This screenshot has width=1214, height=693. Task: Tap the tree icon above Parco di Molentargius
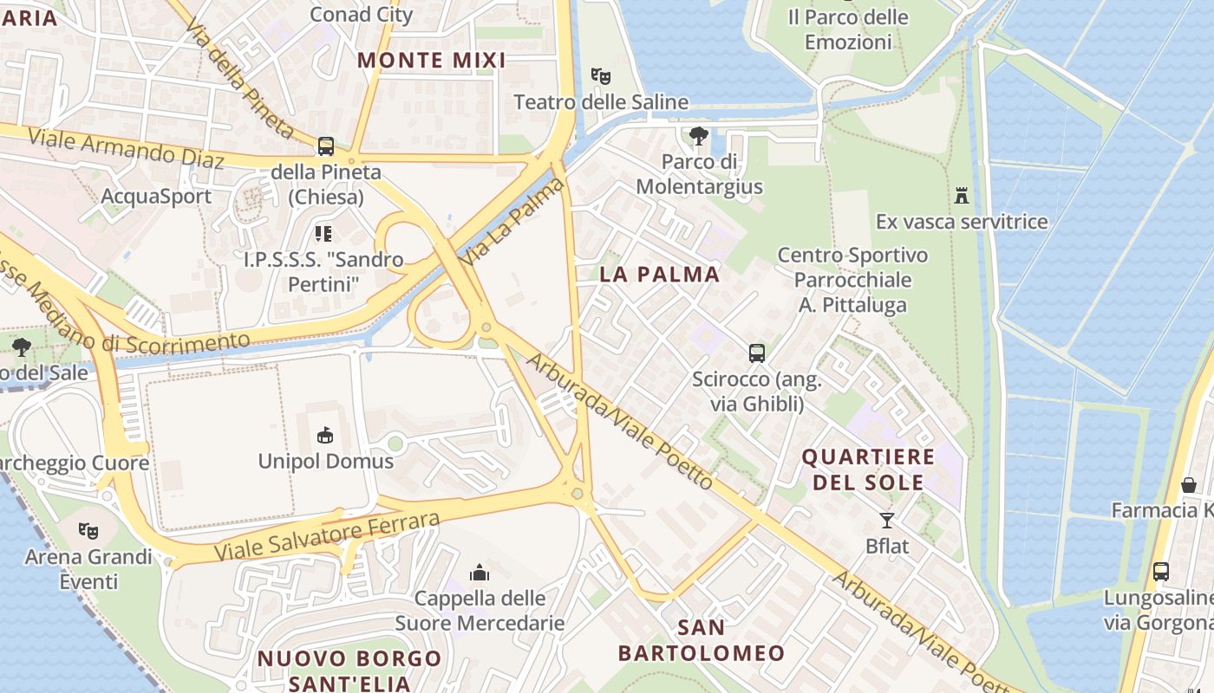pyautogui.click(x=698, y=136)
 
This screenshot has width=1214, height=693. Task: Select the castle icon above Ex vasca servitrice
pyautogui.click(x=961, y=195)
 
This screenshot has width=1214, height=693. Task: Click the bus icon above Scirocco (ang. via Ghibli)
pyautogui.click(x=757, y=353)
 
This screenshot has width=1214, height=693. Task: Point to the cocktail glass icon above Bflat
pyautogui.click(x=886, y=520)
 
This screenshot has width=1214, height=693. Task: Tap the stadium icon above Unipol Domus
pyautogui.click(x=325, y=435)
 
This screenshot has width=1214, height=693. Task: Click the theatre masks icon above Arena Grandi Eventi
pyautogui.click(x=87, y=530)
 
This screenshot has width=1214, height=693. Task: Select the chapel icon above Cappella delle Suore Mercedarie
pyautogui.click(x=479, y=572)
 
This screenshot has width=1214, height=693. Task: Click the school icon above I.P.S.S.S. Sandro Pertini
pyautogui.click(x=323, y=233)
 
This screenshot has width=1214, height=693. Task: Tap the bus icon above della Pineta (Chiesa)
pyautogui.click(x=326, y=146)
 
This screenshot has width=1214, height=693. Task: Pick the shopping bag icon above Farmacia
pyautogui.click(x=1188, y=484)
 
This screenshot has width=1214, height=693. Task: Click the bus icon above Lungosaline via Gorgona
pyautogui.click(x=1160, y=572)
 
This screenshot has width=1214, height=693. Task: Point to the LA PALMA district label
pyautogui.click(x=659, y=275)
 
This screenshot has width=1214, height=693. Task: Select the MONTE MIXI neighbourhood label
pyautogui.click(x=431, y=60)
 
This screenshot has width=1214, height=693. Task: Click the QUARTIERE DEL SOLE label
pyautogui.click(x=868, y=470)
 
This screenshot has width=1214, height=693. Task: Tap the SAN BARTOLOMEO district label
pyautogui.click(x=702, y=640)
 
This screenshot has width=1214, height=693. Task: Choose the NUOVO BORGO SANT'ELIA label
pyautogui.click(x=349, y=670)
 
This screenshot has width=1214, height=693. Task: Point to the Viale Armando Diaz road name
pyautogui.click(x=127, y=148)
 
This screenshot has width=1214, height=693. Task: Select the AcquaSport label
pyautogui.click(x=156, y=196)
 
